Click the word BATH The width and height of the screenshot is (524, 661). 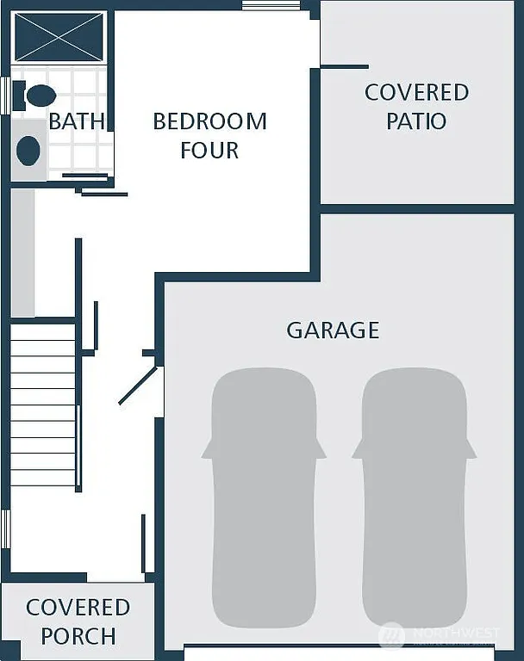coord(77,121)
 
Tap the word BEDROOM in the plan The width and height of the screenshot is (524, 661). coord(209,121)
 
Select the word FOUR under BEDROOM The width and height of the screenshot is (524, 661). coord(209,150)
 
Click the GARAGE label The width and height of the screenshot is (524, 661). coord(333,330)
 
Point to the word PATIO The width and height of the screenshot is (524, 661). coord(416,120)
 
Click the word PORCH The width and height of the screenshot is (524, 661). coord(78,637)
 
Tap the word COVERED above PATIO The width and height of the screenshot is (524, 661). coord(416,92)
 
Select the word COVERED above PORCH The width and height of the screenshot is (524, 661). coord(78,608)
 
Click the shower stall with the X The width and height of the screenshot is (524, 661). coord(59,38)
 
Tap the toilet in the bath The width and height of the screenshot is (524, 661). coord(38,96)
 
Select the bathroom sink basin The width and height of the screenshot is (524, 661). coord(28,151)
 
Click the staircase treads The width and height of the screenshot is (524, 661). coord(43,405)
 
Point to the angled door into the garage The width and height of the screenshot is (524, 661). coord(138,386)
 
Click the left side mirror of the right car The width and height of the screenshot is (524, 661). coord(357,449)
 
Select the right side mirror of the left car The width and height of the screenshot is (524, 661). coord(321,449)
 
